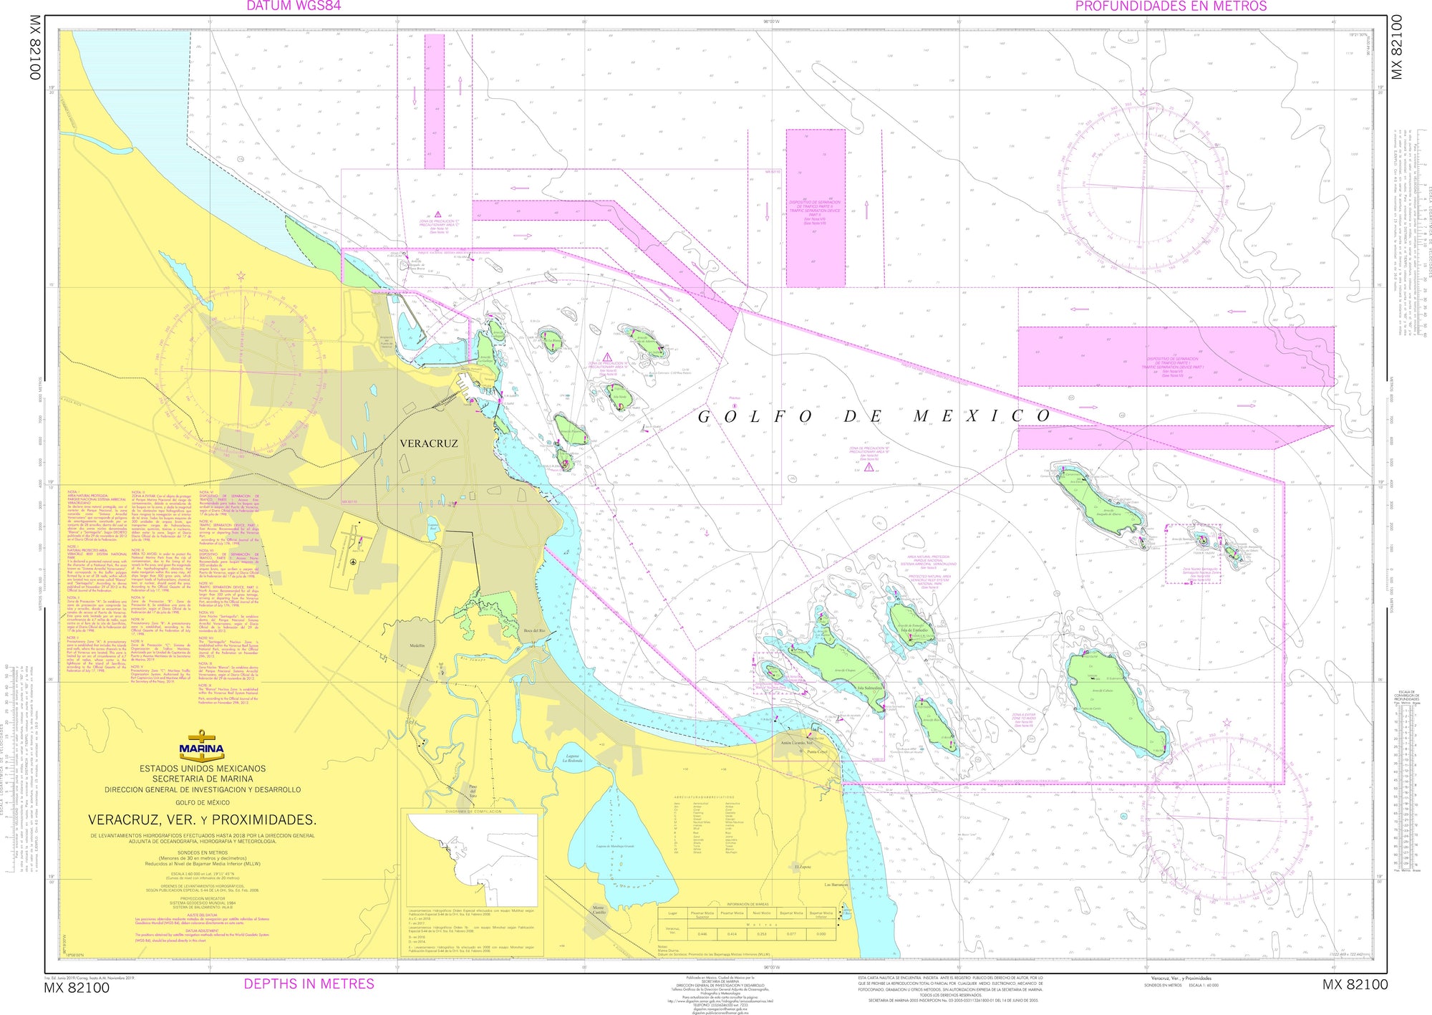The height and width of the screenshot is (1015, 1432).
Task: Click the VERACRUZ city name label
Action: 428,443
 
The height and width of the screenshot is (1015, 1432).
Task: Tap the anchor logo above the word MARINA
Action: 201,738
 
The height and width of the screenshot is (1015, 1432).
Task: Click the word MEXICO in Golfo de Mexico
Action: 982,416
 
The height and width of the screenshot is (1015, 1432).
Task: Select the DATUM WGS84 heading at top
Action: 294,6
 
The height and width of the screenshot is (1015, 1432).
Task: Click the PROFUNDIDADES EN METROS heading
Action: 1171,6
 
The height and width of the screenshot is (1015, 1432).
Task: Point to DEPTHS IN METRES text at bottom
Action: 309,983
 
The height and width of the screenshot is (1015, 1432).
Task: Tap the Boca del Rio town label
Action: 534,630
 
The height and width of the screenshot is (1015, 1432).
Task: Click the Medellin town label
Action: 417,645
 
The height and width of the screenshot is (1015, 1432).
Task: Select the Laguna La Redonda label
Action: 572,759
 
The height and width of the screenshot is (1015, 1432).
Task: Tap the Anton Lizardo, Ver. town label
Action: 796,743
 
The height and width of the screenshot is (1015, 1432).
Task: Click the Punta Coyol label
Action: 817,752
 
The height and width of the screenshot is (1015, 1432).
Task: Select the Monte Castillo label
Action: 598,910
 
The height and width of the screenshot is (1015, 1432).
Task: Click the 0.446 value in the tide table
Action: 702,934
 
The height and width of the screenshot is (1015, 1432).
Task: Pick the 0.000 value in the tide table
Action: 821,934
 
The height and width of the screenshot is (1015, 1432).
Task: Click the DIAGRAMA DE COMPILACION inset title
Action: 473,812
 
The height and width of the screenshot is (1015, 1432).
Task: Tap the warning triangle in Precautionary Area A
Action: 606,357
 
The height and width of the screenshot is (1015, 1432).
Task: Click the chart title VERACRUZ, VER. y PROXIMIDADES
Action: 202,819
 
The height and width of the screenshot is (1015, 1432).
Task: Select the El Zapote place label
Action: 802,867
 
